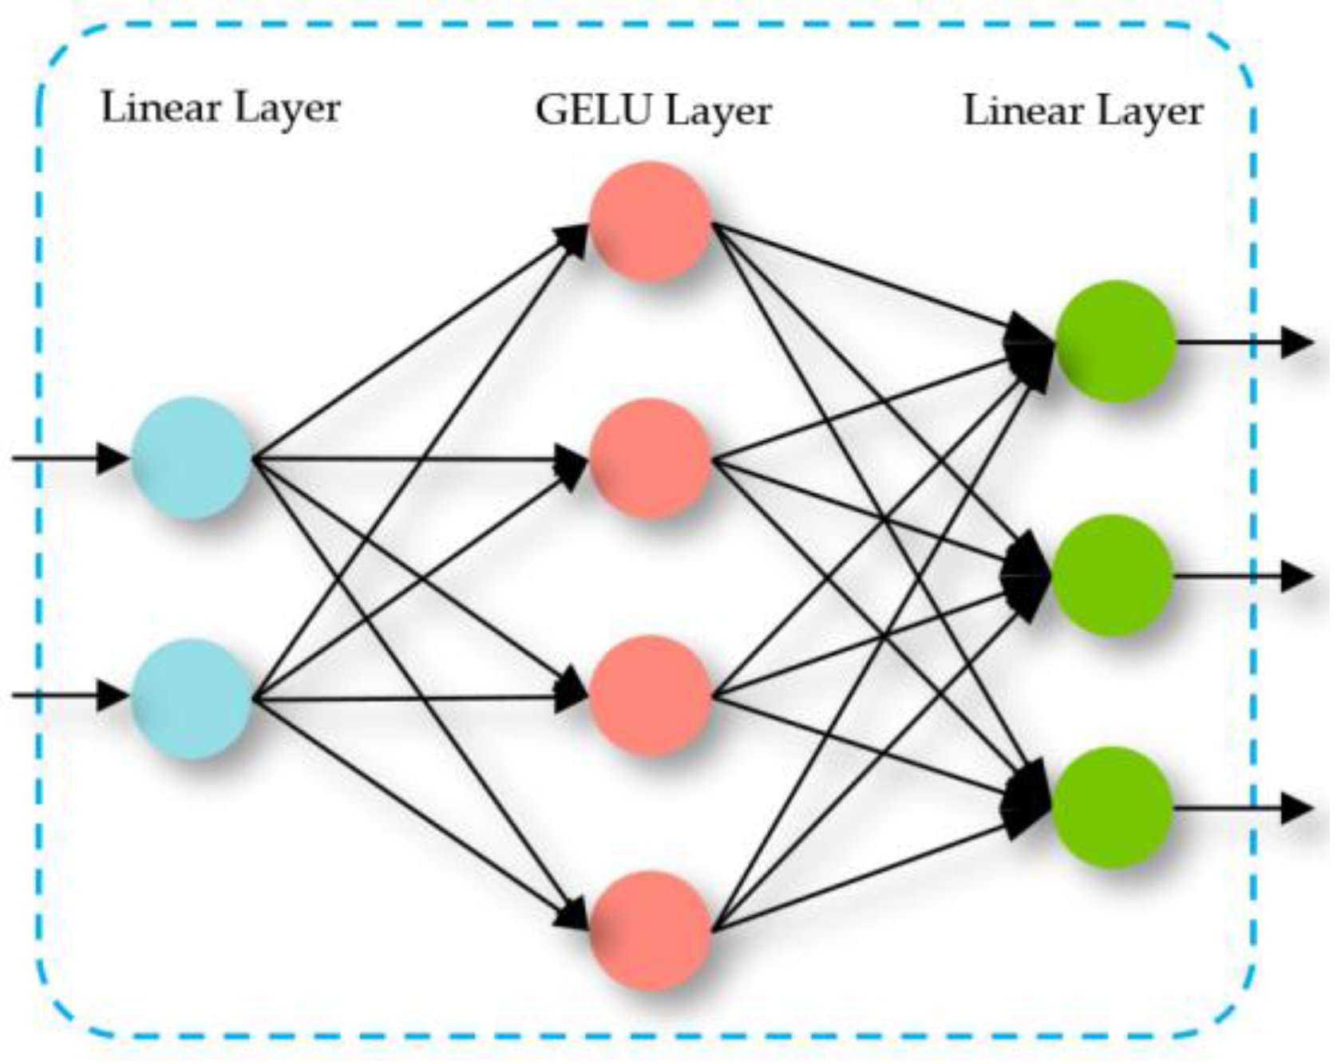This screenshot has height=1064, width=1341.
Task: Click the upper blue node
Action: tap(192, 458)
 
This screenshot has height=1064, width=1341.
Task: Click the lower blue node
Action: tap(192, 698)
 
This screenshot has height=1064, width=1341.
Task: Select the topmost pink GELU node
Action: tap(650, 221)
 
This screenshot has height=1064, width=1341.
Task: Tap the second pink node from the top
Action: tap(650, 459)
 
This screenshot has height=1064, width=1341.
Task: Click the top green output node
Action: tap(1115, 341)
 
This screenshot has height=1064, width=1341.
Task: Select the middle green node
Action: tap(1113, 575)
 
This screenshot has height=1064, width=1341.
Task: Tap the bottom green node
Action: tap(1113, 807)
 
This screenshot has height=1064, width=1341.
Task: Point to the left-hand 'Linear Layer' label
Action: tap(221, 108)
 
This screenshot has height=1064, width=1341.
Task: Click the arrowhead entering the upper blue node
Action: tap(113, 459)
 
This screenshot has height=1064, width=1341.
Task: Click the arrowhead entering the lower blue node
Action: tap(113, 696)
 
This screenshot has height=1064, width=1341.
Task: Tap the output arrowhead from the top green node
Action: tap(1296, 343)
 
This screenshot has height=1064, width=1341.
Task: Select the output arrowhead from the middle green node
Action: tap(1296, 576)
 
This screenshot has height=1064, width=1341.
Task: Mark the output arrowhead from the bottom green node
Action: tap(1296, 809)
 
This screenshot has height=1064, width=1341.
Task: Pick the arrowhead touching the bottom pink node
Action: tap(573, 914)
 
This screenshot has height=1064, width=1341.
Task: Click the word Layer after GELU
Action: tap(718, 112)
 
